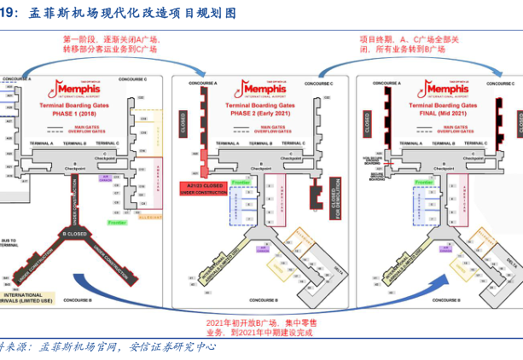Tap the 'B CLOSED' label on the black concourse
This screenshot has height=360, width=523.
point(74,233)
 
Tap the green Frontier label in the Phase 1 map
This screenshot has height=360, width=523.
point(117,222)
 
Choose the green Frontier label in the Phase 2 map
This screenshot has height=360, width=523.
point(241,183)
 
